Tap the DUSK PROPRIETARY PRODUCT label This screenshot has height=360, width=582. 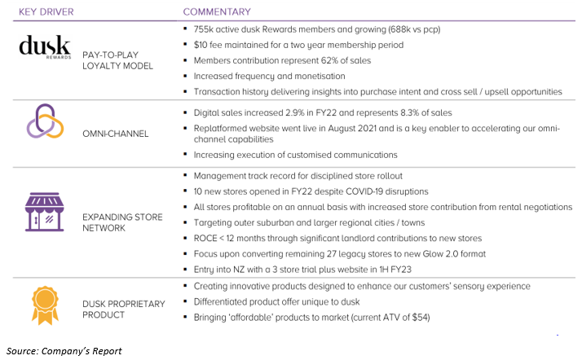(x=122, y=310)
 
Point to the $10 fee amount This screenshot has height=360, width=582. (x=201, y=44)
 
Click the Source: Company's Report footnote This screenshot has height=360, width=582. (x=64, y=351)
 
